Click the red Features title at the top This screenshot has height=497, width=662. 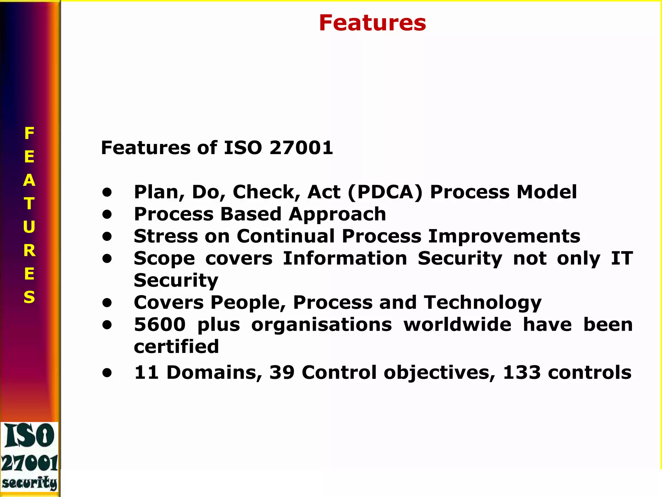click(372, 23)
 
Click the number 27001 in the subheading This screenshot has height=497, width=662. click(301, 148)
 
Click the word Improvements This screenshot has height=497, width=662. click(504, 236)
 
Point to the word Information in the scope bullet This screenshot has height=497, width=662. click(345, 259)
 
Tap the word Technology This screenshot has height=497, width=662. click(483, 303)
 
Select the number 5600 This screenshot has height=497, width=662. click(160, 325)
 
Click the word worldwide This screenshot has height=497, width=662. click(457, 325)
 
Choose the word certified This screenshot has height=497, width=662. click(176, 347)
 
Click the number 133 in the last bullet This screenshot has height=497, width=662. click(522, 372)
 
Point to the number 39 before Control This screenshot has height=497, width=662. click(282, 372)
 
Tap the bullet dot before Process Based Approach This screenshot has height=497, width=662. click(107, 215)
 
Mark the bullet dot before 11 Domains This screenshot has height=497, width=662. click(107, 373)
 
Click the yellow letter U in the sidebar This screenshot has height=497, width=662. click(29, 227)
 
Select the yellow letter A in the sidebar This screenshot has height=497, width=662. click(29, 180)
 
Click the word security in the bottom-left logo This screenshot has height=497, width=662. click(30, 483)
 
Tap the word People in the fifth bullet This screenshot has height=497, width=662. click(248, 303)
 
